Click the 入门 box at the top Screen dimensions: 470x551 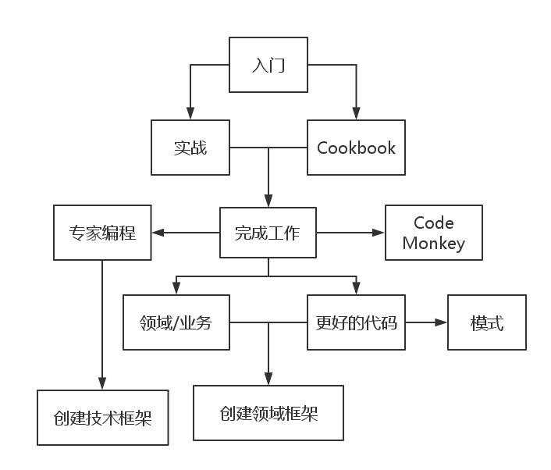268,65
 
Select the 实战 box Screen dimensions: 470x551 190,148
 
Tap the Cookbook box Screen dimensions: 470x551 356,148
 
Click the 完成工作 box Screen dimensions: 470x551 268,232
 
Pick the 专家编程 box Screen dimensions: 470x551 102,232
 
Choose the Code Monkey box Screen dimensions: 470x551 434,233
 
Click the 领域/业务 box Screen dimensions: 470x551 176,322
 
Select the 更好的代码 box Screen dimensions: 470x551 356,322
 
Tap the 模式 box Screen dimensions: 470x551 487,322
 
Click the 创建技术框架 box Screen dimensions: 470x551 103,417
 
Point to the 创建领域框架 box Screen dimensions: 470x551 268,413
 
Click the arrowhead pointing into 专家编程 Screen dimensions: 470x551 158,232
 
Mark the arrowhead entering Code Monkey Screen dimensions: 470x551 379,232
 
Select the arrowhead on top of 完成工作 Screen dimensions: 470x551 268,201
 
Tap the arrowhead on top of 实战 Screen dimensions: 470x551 190,113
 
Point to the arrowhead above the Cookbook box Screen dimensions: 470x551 356,113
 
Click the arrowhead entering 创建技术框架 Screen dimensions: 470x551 103,383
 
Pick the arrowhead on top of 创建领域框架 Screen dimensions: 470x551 268,379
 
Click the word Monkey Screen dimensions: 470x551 434,243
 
